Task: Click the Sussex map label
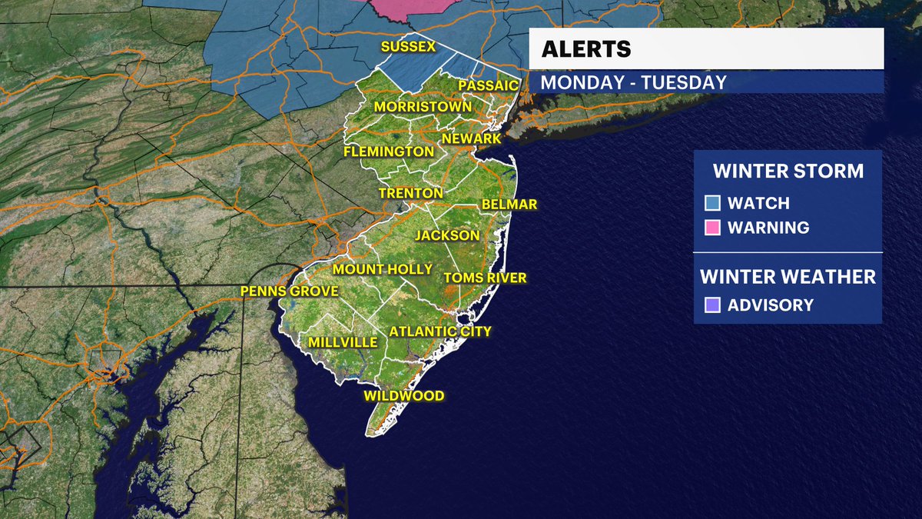(x=408, y=47)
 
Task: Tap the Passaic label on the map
(x=489, y=85)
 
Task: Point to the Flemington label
(x=389, y=151)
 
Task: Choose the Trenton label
(x=411, y=193)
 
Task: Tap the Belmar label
(x=509, y=205)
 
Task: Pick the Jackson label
(x=447, y=235)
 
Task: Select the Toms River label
(x=486, y=278)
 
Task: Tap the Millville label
(x=343, y=341)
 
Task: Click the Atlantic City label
(x=439, y=331)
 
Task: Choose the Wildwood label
(x=404, y=396)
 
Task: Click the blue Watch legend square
(x=712, y=204)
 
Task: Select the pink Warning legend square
(x=712, y=228)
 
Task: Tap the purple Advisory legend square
(x=712, y=305)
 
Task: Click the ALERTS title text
(x=586, y=49)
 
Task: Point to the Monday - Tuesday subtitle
(x=634, y=82)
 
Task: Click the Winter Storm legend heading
(x=788, y=171)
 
